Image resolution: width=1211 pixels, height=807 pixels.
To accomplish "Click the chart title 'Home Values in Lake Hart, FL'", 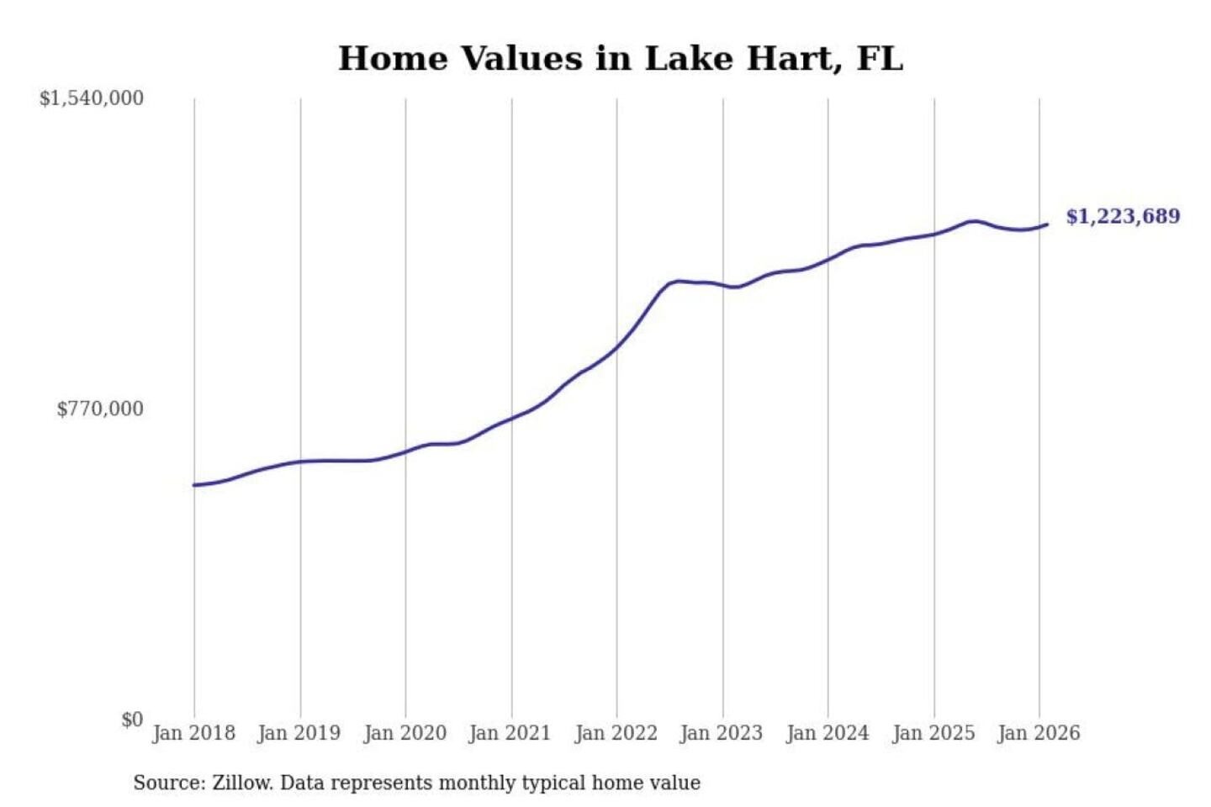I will click(621, 59).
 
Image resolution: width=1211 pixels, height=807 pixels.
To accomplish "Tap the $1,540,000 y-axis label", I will click(92, 98).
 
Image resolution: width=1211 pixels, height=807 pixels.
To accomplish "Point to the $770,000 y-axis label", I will click(100, 409).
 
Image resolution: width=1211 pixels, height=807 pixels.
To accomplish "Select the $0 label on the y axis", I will click(132, 720).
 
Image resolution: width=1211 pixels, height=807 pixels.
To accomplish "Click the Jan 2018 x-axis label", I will click(193, 733).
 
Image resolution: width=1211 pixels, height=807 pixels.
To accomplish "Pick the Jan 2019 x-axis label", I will click(299, 733).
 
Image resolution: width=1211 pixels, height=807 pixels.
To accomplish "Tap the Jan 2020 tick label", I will click(405, 733).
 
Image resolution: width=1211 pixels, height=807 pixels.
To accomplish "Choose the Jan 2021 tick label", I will click(510, 733).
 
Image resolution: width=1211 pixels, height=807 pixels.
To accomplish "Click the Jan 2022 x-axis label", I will click(616, 733).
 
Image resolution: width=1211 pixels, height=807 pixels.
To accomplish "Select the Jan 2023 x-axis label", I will click(721, 733).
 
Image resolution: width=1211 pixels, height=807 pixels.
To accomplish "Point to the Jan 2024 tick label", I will click(827, 733).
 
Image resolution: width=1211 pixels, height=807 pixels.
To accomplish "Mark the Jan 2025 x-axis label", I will click(933, 733).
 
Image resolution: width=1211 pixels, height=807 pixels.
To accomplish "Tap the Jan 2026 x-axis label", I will click(1038, 733).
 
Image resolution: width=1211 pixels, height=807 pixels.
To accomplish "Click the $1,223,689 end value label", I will click(1123, 217).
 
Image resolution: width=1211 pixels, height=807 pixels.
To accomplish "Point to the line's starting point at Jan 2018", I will click(194, 485).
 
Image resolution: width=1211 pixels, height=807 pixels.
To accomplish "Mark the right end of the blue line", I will click(1047, 224).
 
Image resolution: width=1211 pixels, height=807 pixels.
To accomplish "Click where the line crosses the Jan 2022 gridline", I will click(616, 345).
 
